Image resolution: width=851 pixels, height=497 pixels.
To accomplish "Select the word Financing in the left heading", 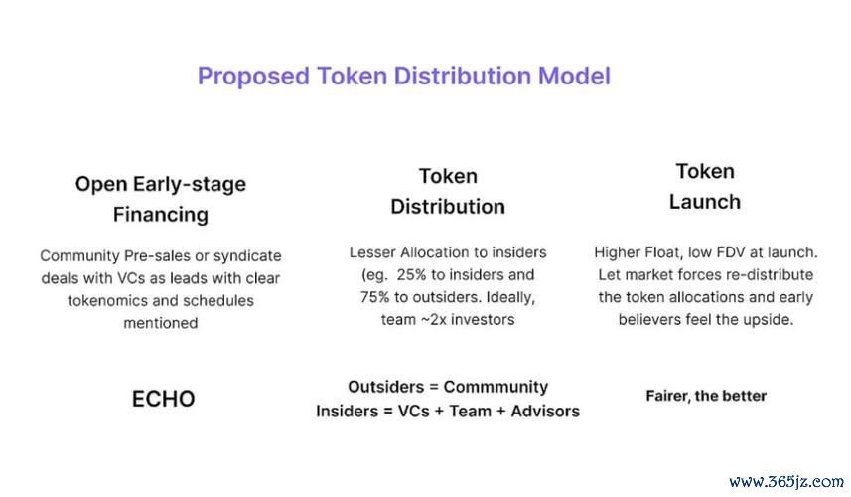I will tap(160, 214).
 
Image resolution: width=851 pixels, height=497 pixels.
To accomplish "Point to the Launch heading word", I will tap(704, 201).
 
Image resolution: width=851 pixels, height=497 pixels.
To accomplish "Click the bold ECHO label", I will tap(163, 399).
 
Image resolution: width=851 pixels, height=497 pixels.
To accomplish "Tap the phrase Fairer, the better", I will tap(706, 396).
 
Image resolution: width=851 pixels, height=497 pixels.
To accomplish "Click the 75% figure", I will tap(377, 297).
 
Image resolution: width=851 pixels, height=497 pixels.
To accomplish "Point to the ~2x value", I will tap(435, 320).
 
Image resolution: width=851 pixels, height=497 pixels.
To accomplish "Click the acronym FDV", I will tap(722, 252).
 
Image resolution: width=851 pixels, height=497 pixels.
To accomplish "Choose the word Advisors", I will tap(544, 411).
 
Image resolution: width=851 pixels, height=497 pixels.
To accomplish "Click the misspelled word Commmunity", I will tap(496, 387).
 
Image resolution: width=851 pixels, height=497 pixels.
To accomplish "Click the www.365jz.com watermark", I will tap(784, 481).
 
